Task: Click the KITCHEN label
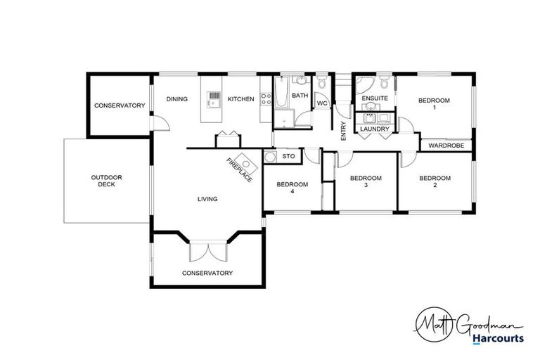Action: [x=240, y=99]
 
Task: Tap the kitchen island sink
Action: [x=214, y=98]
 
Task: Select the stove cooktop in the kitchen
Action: [x=264, y=99]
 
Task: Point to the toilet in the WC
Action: [x=322, y=85]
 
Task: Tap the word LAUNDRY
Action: [x=374, y=129]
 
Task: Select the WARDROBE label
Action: [x=444, y=146]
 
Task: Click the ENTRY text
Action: [x=343, y=131]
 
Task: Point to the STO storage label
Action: [x=288, y=156]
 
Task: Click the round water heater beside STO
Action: [x=270, y=156]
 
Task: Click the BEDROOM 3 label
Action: [x=366, y=182]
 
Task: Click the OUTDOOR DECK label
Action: [x=106, y=181]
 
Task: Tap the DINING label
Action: [x=176, y=99]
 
